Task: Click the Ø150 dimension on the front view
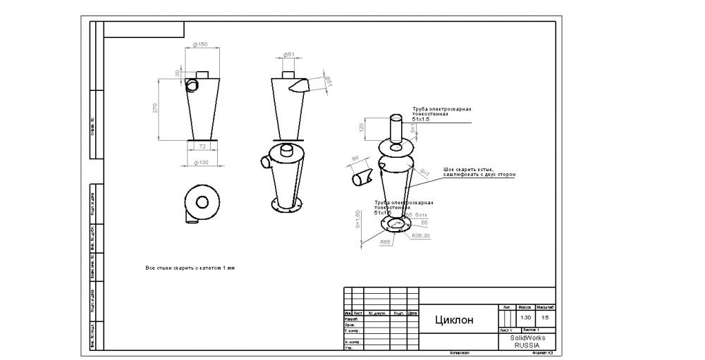[x=202, y=44]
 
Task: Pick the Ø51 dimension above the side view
[x=288, y=54]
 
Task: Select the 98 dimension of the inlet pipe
[x=355, y=158]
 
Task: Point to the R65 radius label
[x=386, y=242]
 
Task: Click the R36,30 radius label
[x=421, y=235]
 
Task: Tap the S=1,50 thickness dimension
[x=358, y=220]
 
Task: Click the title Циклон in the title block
[x=455, y=320]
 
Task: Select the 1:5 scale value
[x=545, y=317]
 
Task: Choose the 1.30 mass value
[x=525, y=317]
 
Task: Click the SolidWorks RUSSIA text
[x=527, y=342]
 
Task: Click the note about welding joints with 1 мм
[x=189, y=268]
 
